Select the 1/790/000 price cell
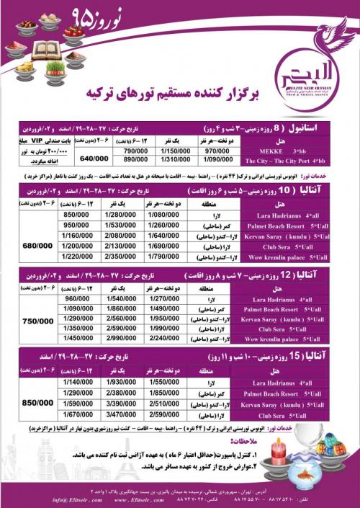pyautogui.click(x=165, y=257)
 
